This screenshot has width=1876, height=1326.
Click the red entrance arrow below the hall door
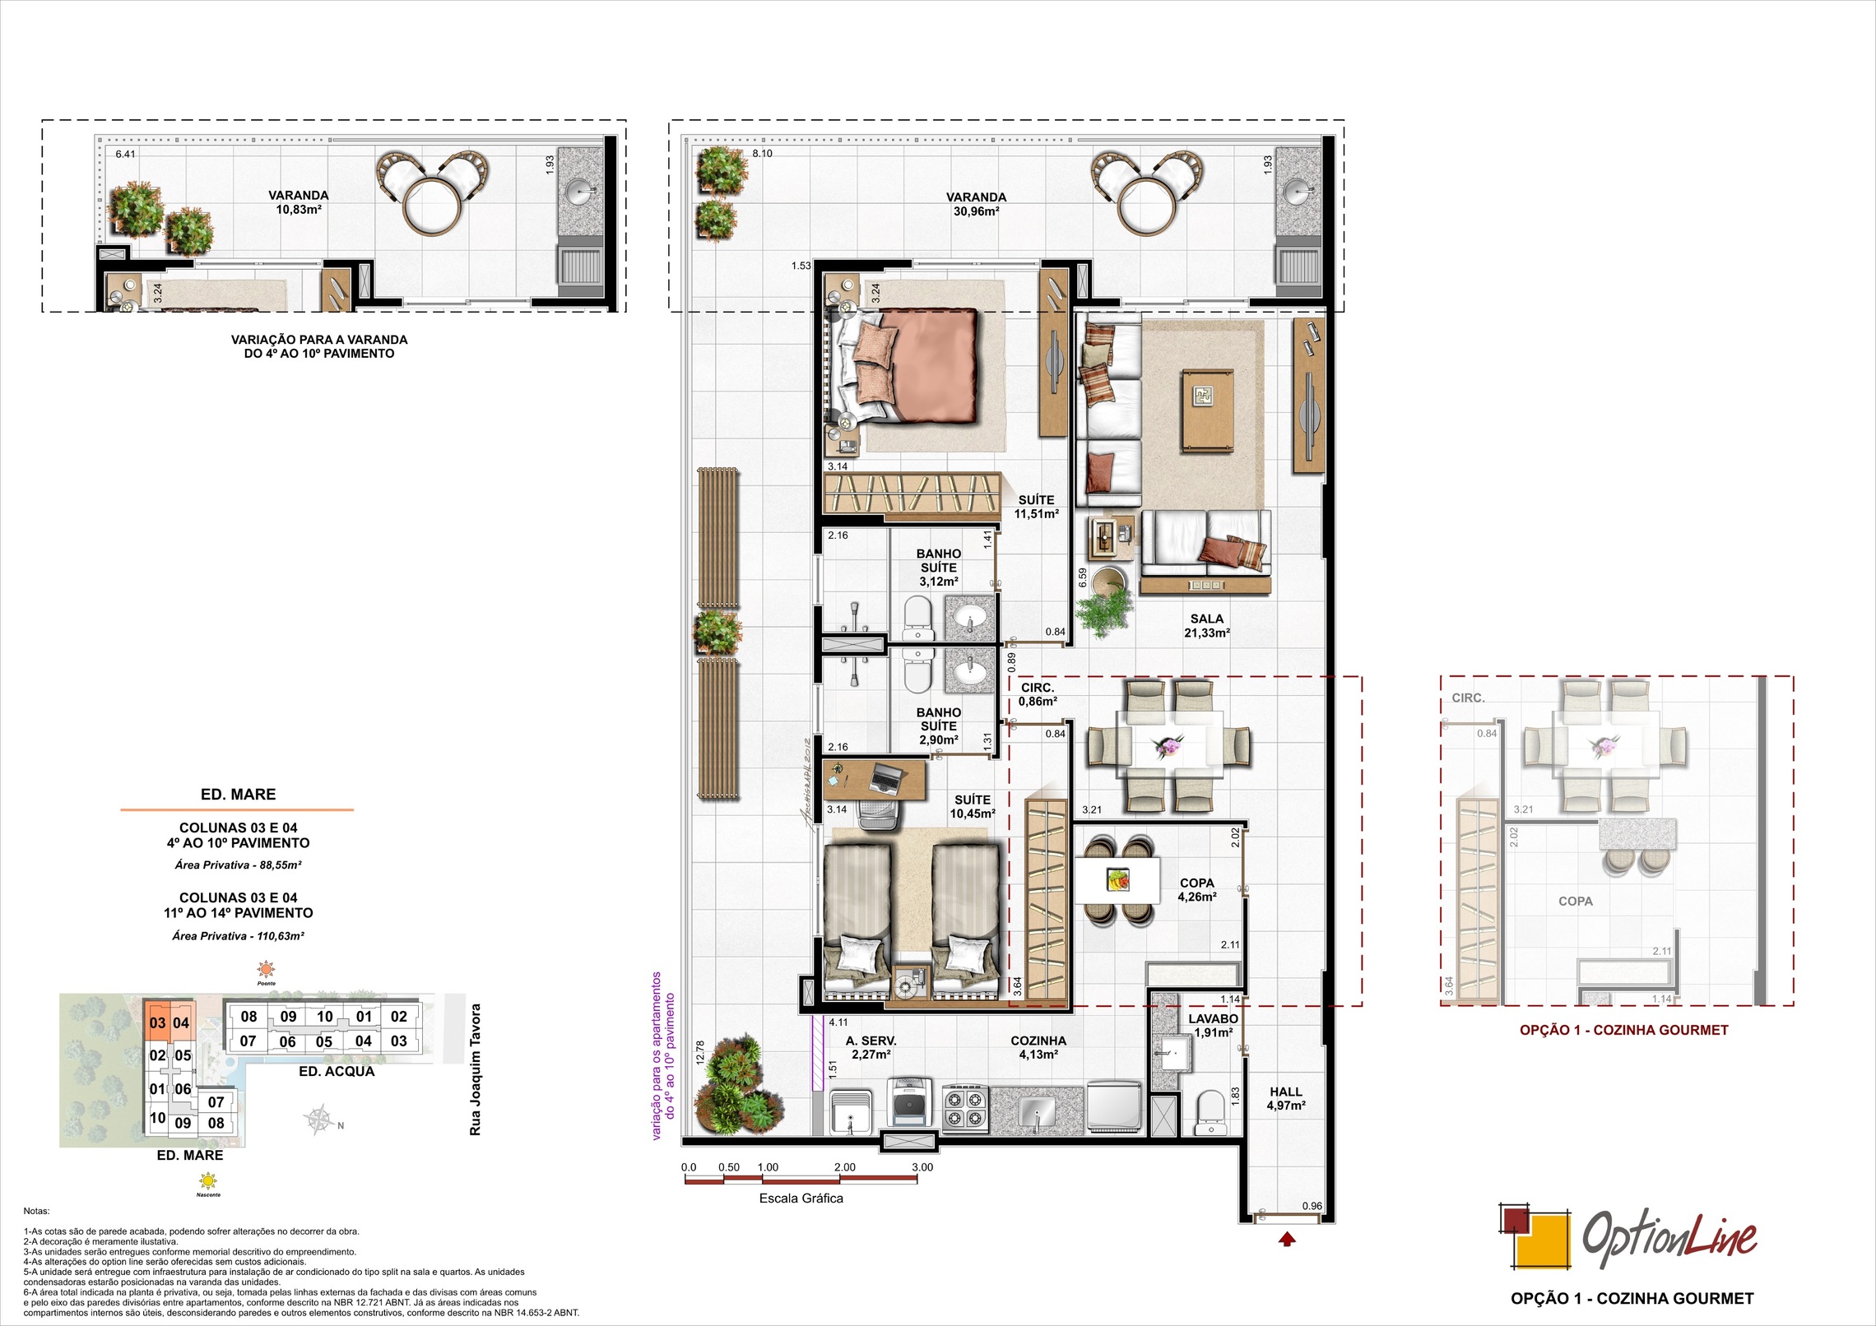pos(1288,1239)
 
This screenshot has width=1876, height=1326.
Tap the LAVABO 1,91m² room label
pos(1212,1026)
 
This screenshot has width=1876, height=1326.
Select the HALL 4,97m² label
pos(1285,1098)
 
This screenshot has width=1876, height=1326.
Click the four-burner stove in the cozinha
pos(964,1107)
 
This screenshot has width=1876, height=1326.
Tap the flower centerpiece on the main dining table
pos(1168,745)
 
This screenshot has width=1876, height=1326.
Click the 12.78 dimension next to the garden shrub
pos(700,1053)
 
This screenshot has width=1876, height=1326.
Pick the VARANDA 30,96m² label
pos(976,204)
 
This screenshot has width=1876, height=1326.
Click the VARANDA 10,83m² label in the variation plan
pos(298,202)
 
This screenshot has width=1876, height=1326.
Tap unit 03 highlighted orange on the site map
pos(157,1023)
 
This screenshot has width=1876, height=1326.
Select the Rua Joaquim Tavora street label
pos(475,1069)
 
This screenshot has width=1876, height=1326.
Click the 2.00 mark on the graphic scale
pos(844,1167)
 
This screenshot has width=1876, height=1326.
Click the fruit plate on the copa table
pos(1117,879)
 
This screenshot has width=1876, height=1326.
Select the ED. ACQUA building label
pos(337,1072)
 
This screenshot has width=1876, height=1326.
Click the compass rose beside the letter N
pos(320,1120)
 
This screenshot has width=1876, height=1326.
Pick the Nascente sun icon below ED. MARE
pos(209,1182)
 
